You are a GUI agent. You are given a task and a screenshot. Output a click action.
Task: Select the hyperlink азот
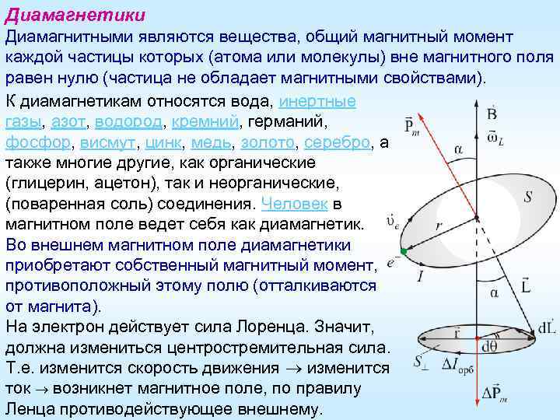pos(69,123)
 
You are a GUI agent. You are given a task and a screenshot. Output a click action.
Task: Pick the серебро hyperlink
pos(338,143)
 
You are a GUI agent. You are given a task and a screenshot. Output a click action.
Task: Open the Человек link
pos(296,204)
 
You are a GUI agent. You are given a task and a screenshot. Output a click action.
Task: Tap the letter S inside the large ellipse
pos(527,197)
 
